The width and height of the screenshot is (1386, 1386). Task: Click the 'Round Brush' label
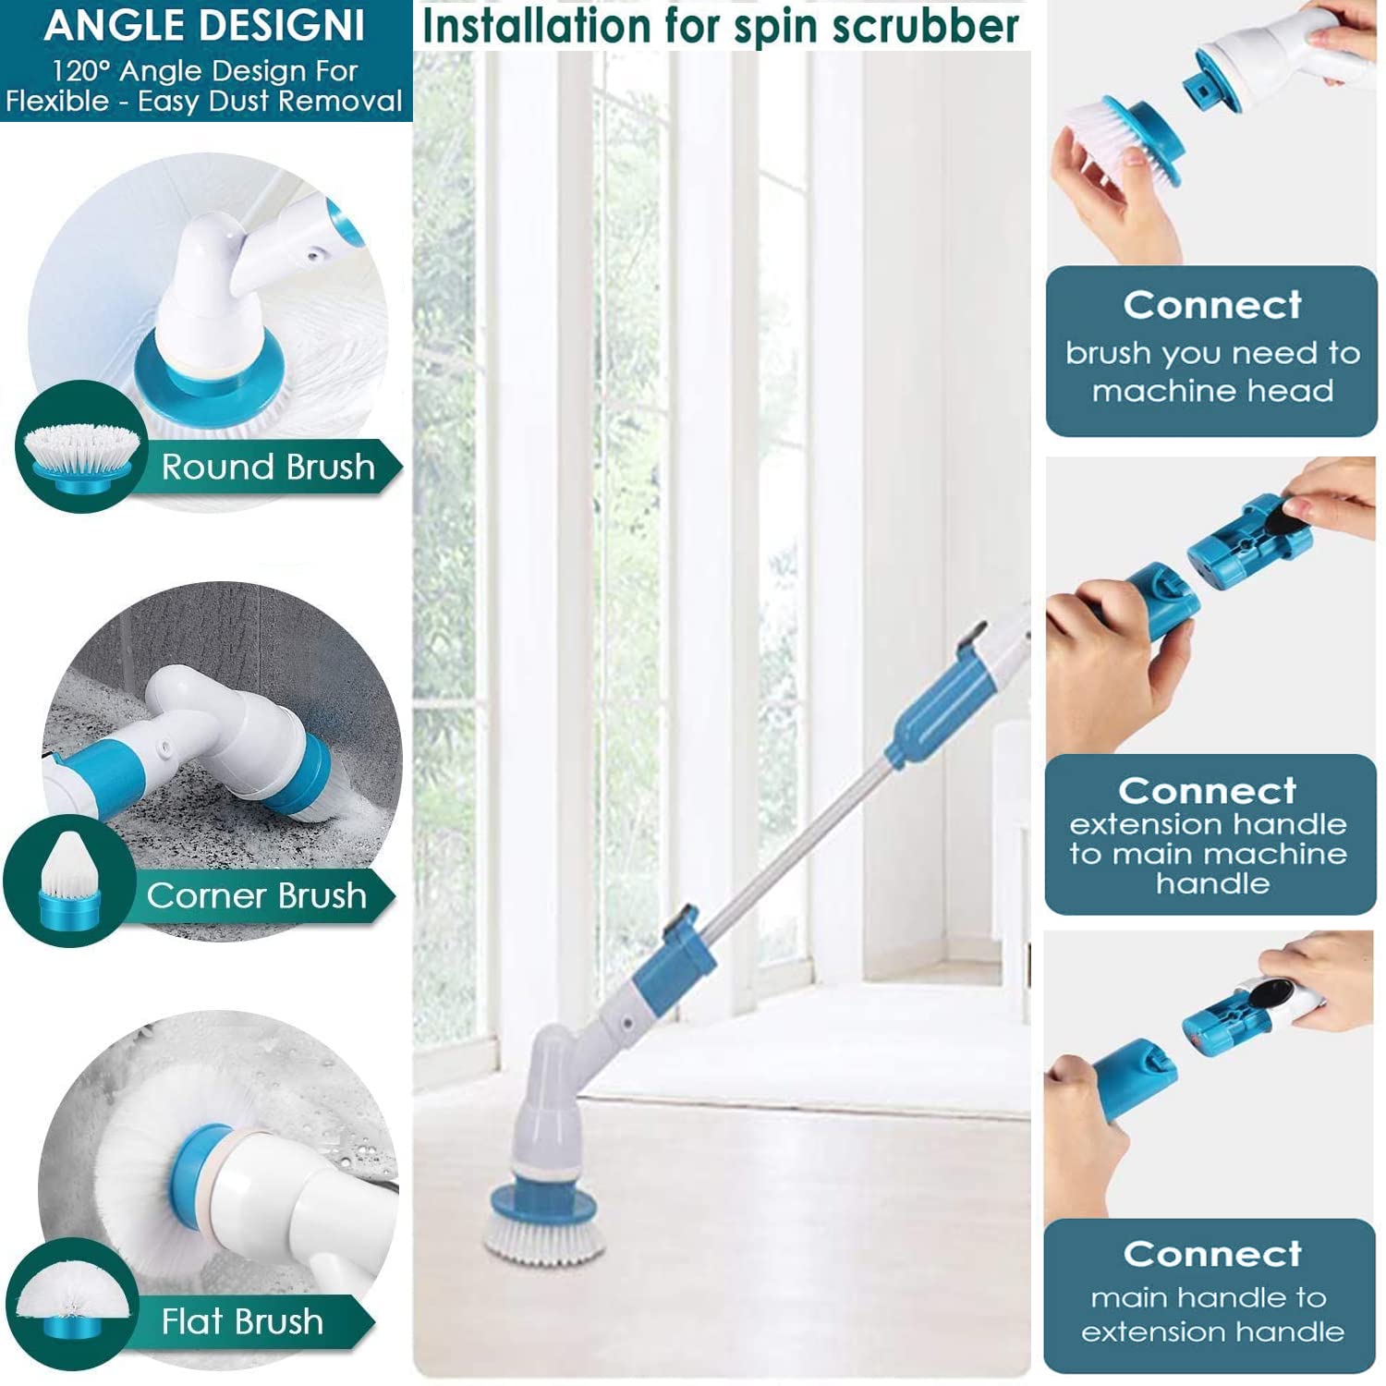click(x=268, y=467)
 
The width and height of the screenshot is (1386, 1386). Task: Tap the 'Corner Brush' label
click(x=256, y=895)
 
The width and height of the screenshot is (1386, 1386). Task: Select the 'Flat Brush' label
click(x=242, y=1321)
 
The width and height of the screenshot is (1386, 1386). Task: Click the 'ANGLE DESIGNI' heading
click(x=204, y=26)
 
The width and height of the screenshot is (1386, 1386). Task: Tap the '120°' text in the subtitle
click(x=82, y=71)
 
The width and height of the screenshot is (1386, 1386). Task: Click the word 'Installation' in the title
click(x=536, y=26)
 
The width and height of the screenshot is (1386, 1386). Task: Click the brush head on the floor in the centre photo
click(x=544, y=1220)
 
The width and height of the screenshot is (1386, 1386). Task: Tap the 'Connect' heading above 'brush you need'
click(x=1212, y=305)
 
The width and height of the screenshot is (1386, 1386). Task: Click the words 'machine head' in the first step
click(x=1212, y=391)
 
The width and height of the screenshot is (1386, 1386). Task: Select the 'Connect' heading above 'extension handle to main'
click(x=1207, y=791)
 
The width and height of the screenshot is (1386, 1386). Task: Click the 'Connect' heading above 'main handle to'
click(x=1212, y=1254)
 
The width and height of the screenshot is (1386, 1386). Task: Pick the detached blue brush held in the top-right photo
click(x=1132, y=139)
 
